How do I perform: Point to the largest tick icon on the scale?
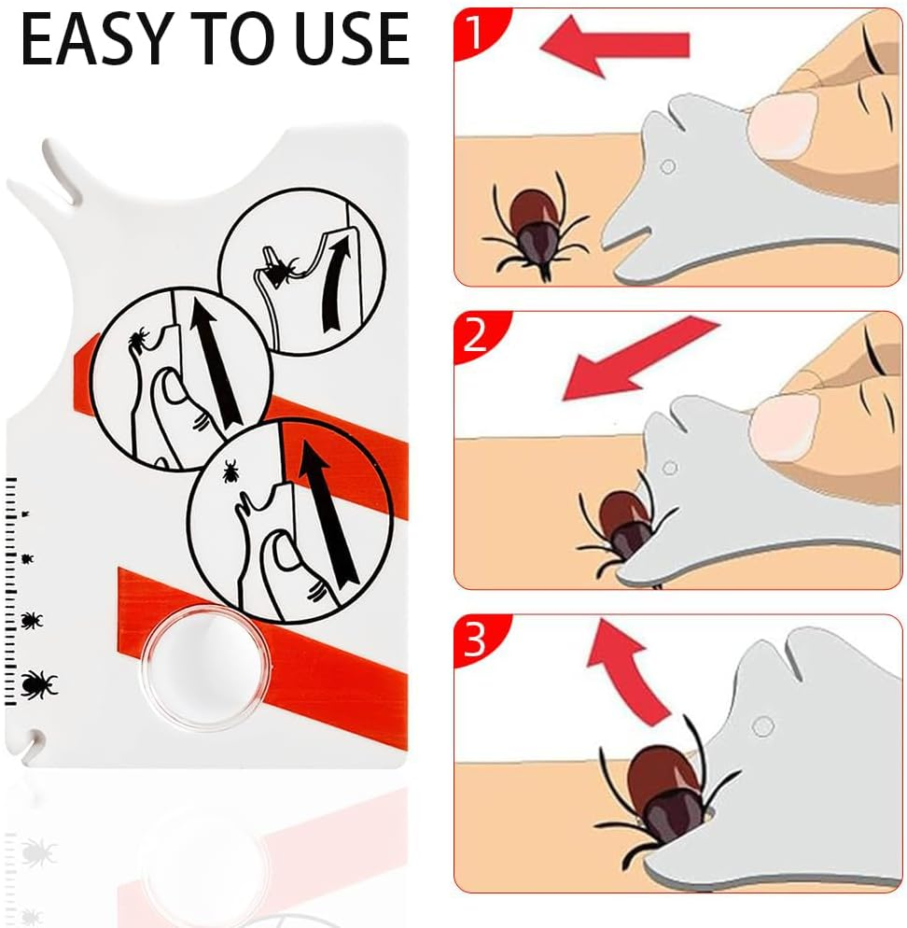(37, 684)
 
